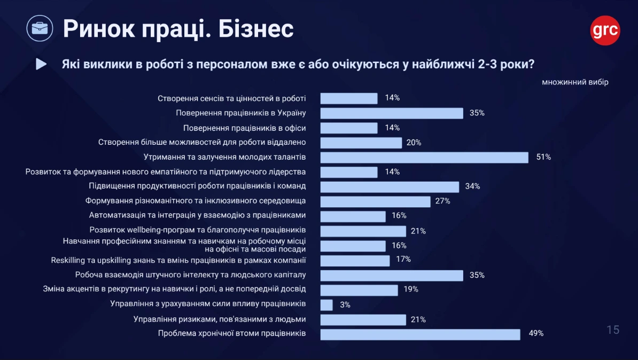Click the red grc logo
[x=605, y=30]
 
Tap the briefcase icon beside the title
[x=40, y=29]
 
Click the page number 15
[x=613, y=330]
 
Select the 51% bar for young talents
[x=424, y=157]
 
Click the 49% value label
[x=536, y=333]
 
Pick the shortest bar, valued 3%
[x=326, y=304]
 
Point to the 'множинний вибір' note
[x=575, y=82]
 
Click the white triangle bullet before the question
[x=41, y=64]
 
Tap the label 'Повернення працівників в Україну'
[x=241, y=113]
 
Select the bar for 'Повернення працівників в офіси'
[x=349, y=128]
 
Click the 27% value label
[x=443, y=201]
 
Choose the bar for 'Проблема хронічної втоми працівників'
[x=420, y=334]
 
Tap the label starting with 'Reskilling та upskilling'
[x=178, y=260]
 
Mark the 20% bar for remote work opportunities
[x=361, y=143]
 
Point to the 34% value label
[x=472, y=186]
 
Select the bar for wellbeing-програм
[x=363, y=231]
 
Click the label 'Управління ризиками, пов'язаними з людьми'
[x=220, y=319]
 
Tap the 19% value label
[x=411, y=289]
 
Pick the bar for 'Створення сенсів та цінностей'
[x=349, y=98]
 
